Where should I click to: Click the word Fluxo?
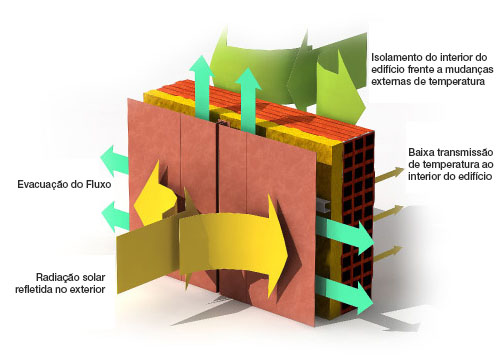pyautogui.click(x=98, y=184)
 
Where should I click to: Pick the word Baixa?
pyautogui.click(x=421, y=152)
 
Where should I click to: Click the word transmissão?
pyautogui.click(x=465, y=152)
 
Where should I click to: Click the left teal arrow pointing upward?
pyautogui.click(x=202, y=87)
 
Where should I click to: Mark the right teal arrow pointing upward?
pyautogui.click(x=248, y=99)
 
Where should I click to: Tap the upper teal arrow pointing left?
pyautogui.click(x=114, y=161)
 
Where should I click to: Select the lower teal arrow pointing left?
pyautogui.click(x=115, y=217)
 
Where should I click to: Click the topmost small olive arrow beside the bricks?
pyautogui.click(x=389, y=175)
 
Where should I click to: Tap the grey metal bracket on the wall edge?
pyautogui.click(x=323, y=205)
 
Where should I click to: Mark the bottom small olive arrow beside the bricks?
pyautogui.click(x=389, y=253)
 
